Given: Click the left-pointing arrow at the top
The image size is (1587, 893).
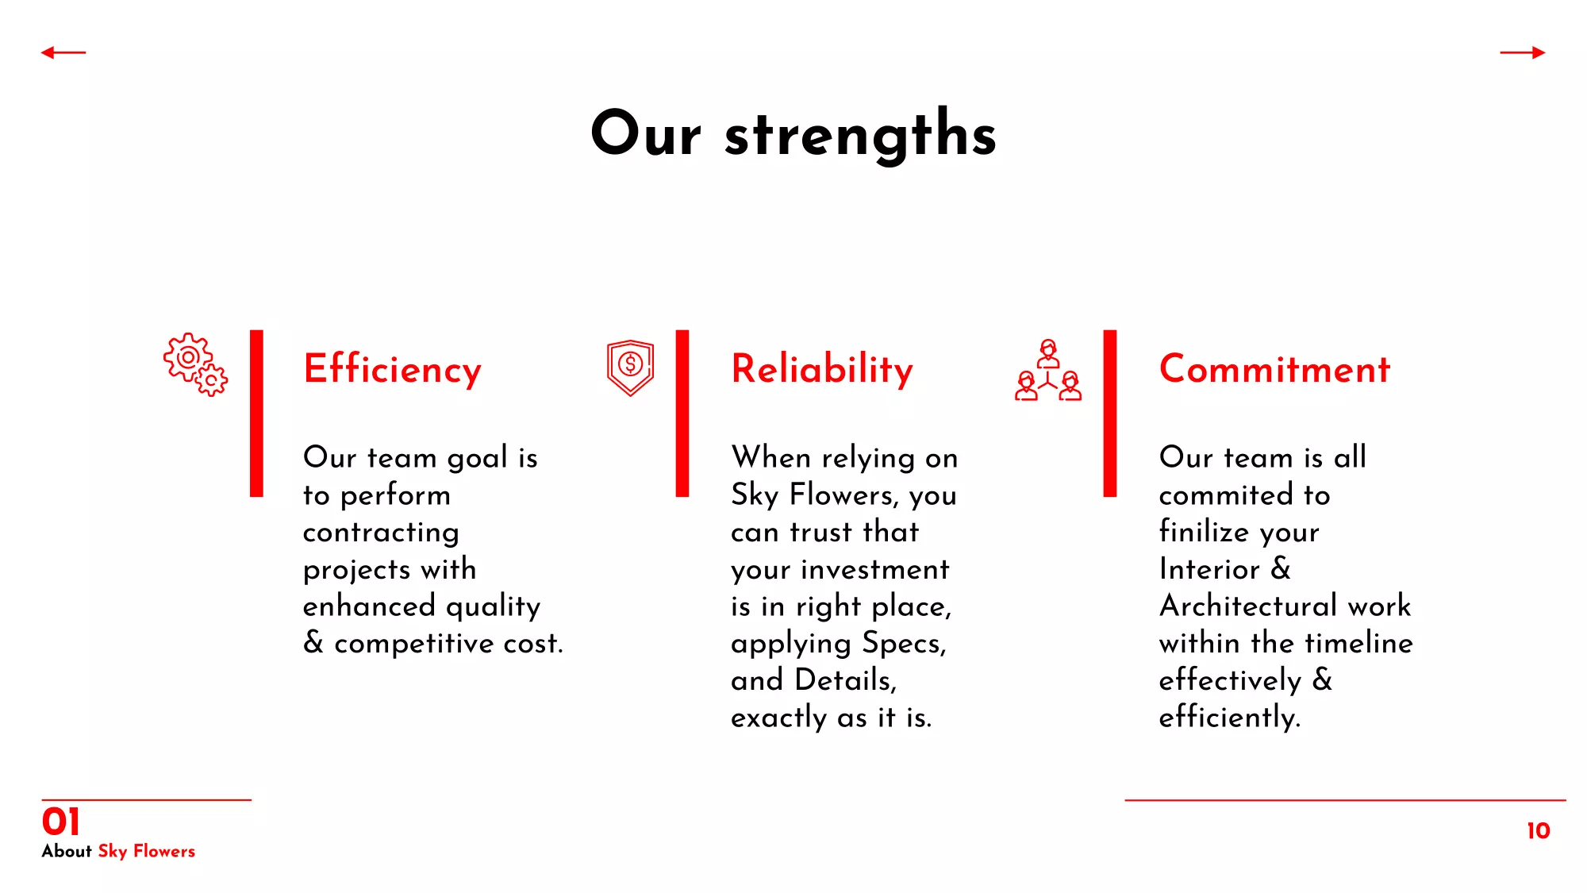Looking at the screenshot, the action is [63, 52].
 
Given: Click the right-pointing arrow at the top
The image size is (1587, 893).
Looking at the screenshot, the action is [1523, 52].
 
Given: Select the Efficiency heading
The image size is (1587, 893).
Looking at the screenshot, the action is [393, 369].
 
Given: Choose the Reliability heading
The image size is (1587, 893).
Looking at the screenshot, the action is [822, 369].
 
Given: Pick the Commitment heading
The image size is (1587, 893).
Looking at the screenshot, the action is [1274, 369].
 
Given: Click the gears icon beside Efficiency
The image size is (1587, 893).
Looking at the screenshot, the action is [195, 364].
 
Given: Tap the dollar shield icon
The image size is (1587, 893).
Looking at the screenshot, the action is [631, 368].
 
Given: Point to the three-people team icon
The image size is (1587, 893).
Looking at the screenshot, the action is [1048, 370].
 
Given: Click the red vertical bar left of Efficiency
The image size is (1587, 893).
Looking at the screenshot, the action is [256, 414].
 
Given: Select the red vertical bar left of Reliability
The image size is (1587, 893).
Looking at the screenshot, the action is [682, 414].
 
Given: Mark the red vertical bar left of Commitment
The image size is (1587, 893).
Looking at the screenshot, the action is [1110, 414].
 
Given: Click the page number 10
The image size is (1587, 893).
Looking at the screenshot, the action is [1539, 831].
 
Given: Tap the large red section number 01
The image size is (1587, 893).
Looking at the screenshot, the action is [61, 822].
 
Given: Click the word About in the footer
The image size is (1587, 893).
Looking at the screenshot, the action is [67, 851].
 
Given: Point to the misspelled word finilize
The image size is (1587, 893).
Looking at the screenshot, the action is [1205, 531].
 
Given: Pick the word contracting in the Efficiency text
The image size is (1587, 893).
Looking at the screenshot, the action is [381, 533].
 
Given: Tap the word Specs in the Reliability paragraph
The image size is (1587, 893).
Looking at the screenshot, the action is [905, 644].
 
